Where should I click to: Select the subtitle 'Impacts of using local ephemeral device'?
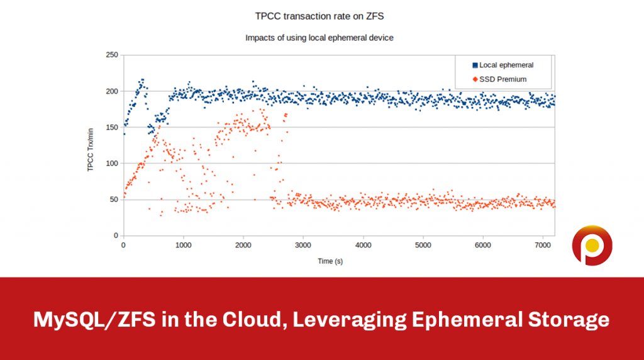tap(319, 38)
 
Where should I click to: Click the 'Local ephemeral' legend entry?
tap(506, 65)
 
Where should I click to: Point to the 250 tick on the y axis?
tap(111, 55)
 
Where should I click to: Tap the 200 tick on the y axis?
tap(111, 91)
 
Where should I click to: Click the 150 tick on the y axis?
tap(111, 128)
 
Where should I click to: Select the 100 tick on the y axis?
tap(111, 164)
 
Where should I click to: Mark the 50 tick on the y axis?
tap(113, 200)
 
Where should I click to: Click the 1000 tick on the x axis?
tap(183, 245)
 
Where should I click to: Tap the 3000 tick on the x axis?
tap(303, 245)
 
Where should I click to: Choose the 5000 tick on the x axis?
tap(423, 245)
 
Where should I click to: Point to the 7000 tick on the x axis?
tap(543, 245)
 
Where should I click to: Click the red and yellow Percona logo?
tap(591, 245)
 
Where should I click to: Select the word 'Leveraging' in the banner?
tap(343, 320)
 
